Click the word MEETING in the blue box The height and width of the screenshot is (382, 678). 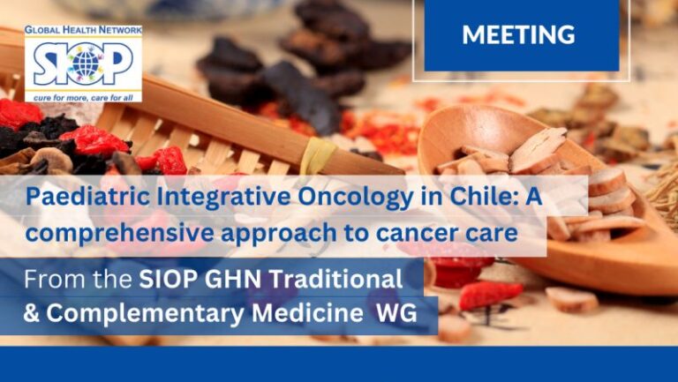pyautogui.click(x=518, y=35)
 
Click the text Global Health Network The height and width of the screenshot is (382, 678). pyautogui.click(x=83, y=30)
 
